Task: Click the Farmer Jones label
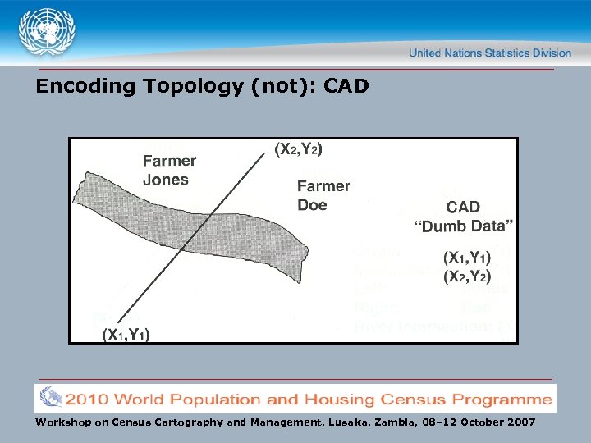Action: [169, 170]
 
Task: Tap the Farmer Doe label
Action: [323, 195]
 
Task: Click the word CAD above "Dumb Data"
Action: [463, 208]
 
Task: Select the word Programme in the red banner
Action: [501, 400]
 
